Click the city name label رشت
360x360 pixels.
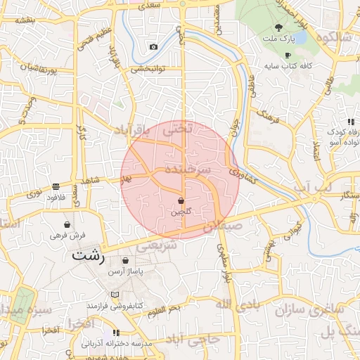[x=88, y=257]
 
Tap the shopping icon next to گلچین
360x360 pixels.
[x=181, y=200]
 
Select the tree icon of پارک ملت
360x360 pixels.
[x=278, y=27]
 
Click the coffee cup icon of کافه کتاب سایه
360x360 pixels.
[x=288, y=55]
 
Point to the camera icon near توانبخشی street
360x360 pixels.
[x=153, y=47]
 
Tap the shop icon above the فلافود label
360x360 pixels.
[x=55, y=186]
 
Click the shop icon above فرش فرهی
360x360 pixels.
[x=67, y=224]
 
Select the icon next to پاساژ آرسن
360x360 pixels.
[x=125, y=260]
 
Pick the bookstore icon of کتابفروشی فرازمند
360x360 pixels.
[x=114, y=295]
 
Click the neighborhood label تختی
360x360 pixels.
[x=176, y=130]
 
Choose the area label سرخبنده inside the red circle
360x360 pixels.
[x=188, y=170]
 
